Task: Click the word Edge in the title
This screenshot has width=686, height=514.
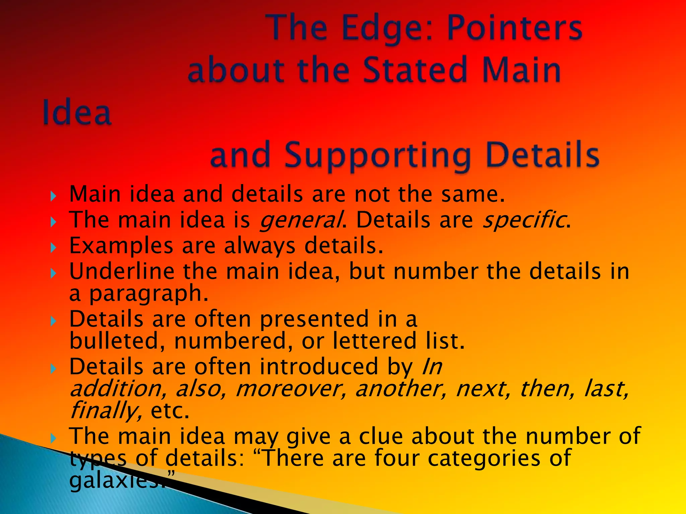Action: coord(385,28)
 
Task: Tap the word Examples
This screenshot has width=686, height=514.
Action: coord(121,246)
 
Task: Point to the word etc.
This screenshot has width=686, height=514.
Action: coord(170,411)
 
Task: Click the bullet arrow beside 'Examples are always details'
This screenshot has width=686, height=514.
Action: coord(53,248)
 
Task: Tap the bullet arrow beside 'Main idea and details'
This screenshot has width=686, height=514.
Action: coord(53,196)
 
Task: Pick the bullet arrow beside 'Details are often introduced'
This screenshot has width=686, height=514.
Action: coord(53,369)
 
